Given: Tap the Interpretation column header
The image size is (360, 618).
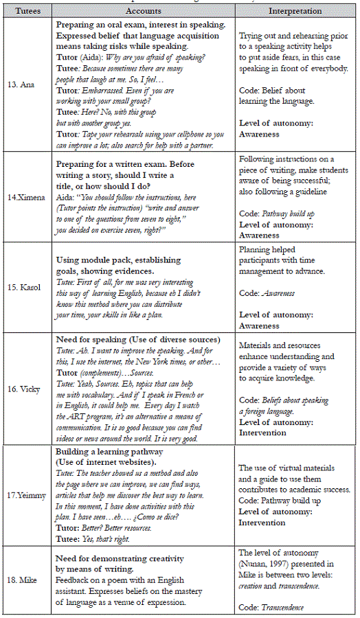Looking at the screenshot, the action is pos(295,11).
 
